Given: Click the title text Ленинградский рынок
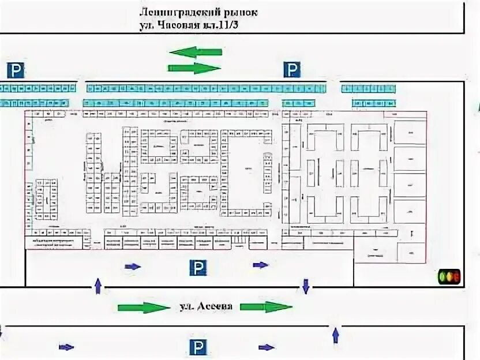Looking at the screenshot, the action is pos(198,12).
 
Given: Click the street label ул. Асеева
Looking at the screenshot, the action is pos(205,306).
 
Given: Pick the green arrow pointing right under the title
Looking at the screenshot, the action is pos(194,67).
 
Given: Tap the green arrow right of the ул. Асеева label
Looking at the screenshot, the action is pos(267,306).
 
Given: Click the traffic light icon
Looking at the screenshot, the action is pos(449,277).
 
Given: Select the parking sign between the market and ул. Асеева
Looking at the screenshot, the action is pos(198,267).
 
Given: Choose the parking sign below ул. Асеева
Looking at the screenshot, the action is pos(197,347).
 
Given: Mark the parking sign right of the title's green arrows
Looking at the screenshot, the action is pos(292,70).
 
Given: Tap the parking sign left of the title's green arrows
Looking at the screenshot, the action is pos(16,70).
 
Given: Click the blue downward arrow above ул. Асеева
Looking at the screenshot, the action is pos(306,285).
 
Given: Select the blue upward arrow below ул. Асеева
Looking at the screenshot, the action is pos(335,333).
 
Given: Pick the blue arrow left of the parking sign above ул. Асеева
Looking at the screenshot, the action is pos(133,266).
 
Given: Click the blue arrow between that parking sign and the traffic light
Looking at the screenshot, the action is pos(261,265).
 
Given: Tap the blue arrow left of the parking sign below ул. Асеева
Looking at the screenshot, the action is pos(67,347).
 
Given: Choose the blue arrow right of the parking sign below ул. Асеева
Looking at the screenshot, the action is pos(267,347).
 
